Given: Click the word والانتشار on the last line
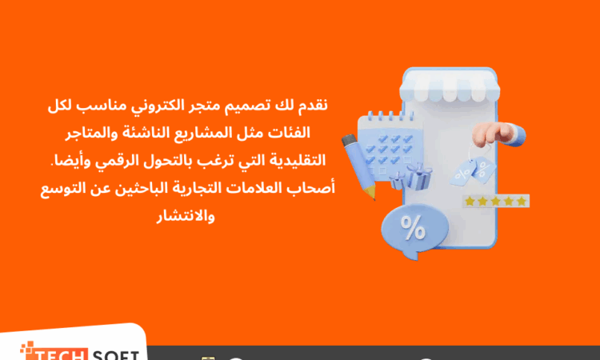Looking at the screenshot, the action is pos(186,216).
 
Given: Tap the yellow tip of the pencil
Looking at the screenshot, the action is pos(370,193).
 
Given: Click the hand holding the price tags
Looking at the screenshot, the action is pos(498,134).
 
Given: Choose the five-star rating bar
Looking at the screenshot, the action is pos(496,202).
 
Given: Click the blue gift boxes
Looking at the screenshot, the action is pos(412,177).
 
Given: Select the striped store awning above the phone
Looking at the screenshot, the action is pos(450,86).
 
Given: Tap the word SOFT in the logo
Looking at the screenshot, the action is pos(115,354).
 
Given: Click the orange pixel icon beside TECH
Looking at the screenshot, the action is pos(27,348).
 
